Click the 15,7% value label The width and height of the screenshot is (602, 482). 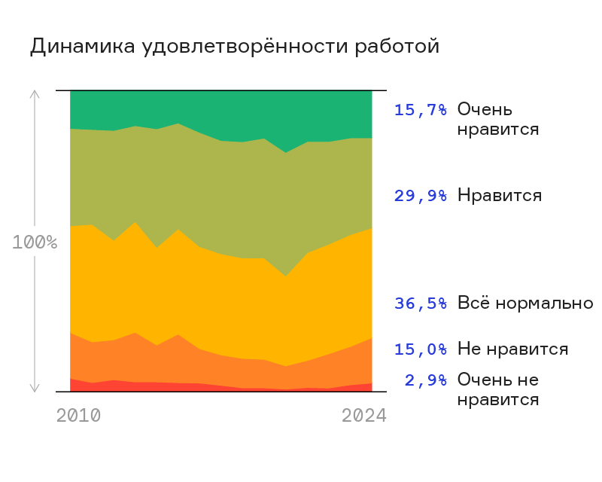click(421, 110)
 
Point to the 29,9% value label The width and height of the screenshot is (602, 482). click(421, 196)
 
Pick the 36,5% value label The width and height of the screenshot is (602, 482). click(421, 304)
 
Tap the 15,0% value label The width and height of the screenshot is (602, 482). click(421, 349)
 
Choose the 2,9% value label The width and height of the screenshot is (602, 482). click(426, 380)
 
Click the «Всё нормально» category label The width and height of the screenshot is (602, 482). click(525, 304)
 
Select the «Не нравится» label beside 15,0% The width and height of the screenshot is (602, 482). click(512, 349)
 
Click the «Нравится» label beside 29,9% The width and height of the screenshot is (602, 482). click(500, 196)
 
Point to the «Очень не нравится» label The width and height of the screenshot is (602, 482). click(498, 389)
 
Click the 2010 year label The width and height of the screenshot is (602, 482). click(78, 416)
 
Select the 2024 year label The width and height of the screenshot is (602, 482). click(363, 416)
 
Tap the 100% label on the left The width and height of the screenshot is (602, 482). click(35, 243)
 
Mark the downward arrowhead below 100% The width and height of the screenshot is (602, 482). click(34, 389)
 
